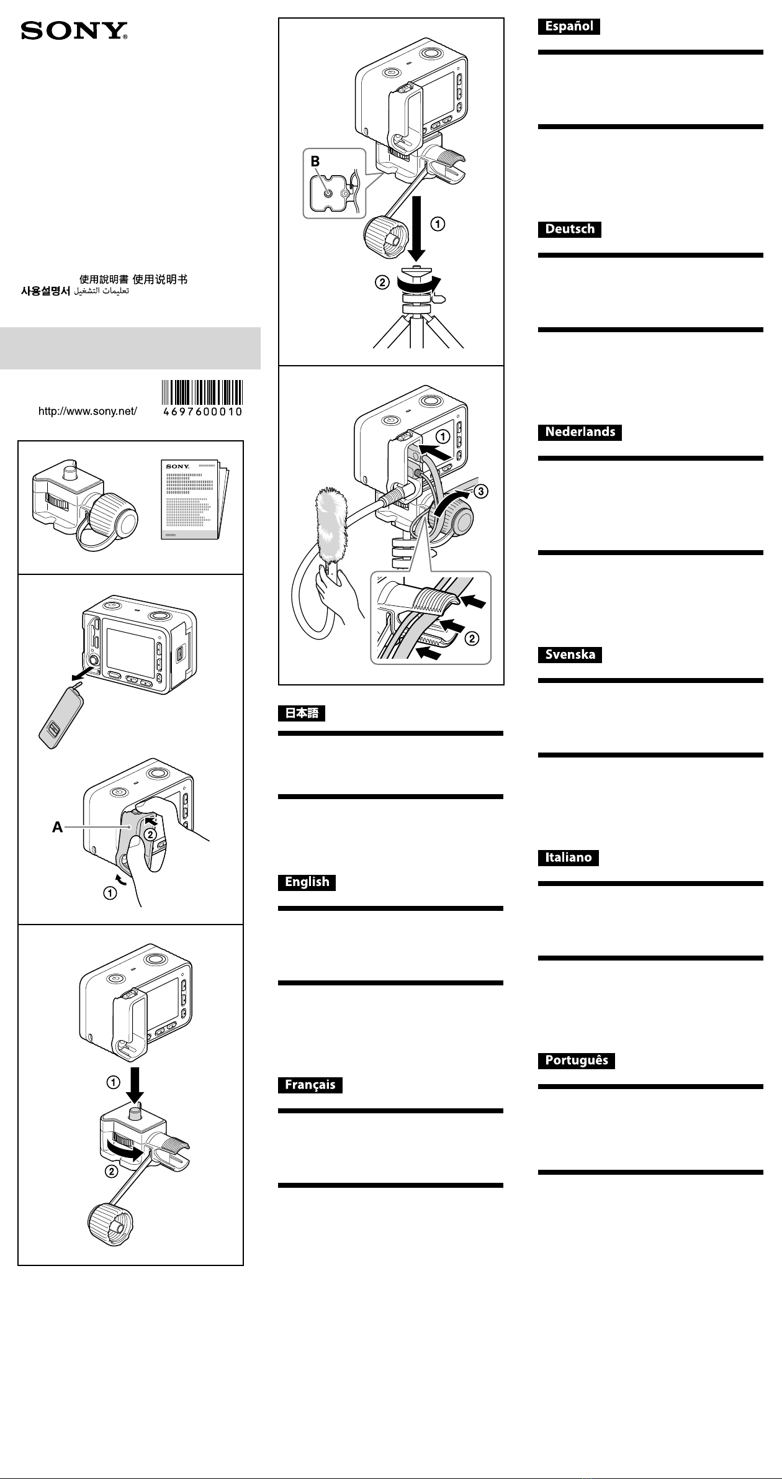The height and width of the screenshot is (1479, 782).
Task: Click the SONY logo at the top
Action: point(74,32)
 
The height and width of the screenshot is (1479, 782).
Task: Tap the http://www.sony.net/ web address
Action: point(88,411)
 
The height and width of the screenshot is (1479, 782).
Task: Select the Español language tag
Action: point(569,26)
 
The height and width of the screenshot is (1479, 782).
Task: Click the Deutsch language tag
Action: point(569,228)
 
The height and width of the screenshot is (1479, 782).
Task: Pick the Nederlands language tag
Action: point(580,432)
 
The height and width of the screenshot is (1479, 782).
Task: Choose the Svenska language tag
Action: point(570,654)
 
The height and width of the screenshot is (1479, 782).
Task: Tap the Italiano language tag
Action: point(568,857)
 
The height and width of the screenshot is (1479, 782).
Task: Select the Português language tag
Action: point(576,1061)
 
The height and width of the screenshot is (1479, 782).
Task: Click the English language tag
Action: point(307,882)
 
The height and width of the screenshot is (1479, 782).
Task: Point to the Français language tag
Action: point(310,1085)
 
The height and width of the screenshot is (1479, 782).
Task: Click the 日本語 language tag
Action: point(302,713)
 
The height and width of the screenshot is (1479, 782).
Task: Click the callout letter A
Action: point(58,827)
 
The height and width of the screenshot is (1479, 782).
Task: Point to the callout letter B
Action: point(316,161)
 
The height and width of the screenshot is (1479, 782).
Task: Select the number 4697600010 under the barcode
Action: point(202,412)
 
